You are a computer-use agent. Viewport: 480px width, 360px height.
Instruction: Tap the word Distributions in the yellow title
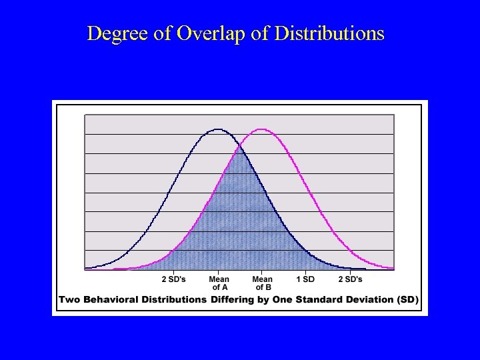(x=329, y=33)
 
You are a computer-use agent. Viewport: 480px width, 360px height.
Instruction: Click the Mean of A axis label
(x=219, y=283)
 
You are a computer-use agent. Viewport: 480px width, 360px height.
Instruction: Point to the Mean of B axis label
(x=262, y=283)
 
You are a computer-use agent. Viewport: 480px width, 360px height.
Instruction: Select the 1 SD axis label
(x=305, y=279)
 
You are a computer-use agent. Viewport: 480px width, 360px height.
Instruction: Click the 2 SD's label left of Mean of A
(x=174, y=279)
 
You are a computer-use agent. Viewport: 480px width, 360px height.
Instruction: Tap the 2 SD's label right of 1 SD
(x=350, y=279)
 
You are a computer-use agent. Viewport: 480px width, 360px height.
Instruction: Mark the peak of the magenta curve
(x=261, y=129)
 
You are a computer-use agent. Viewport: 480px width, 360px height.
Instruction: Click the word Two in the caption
(x=69, y=299)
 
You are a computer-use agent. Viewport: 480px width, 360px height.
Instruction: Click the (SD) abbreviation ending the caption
(x=408, y=299)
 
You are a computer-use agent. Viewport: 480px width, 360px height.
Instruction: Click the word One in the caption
(x=283, y=299)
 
